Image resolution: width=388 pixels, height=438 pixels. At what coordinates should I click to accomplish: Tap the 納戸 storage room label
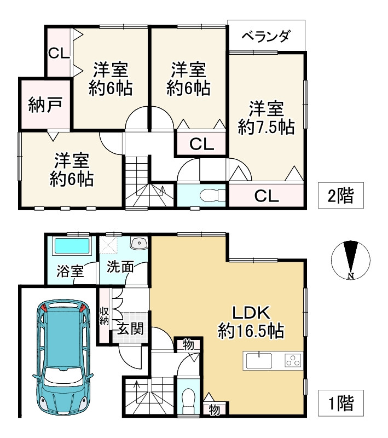45,105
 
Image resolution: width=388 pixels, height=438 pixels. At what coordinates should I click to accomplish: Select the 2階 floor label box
340,195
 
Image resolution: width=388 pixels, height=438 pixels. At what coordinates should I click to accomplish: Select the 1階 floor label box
340,403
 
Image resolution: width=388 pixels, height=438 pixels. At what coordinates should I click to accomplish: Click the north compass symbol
351,260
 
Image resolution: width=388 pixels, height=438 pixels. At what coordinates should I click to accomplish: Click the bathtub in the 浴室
72,246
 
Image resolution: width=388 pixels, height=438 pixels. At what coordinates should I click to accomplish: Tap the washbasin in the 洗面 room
139,243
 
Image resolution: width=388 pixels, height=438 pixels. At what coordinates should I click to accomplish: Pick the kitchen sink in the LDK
259,361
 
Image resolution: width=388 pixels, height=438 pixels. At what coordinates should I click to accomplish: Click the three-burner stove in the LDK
293,360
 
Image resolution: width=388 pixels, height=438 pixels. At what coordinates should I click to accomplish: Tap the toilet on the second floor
212,195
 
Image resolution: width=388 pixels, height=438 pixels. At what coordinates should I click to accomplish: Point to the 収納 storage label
104,316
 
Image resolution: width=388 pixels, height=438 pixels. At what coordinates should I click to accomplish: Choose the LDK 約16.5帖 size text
251,322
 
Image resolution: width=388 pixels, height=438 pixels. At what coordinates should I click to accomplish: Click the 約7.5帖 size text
266,128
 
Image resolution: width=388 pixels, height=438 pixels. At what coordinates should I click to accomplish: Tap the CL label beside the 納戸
59,53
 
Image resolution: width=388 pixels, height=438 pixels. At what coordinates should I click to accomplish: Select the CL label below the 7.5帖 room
267,196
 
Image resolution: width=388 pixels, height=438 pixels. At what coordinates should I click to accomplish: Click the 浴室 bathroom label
70,271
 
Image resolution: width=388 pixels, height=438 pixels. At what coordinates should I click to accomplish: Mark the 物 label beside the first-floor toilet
214,410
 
